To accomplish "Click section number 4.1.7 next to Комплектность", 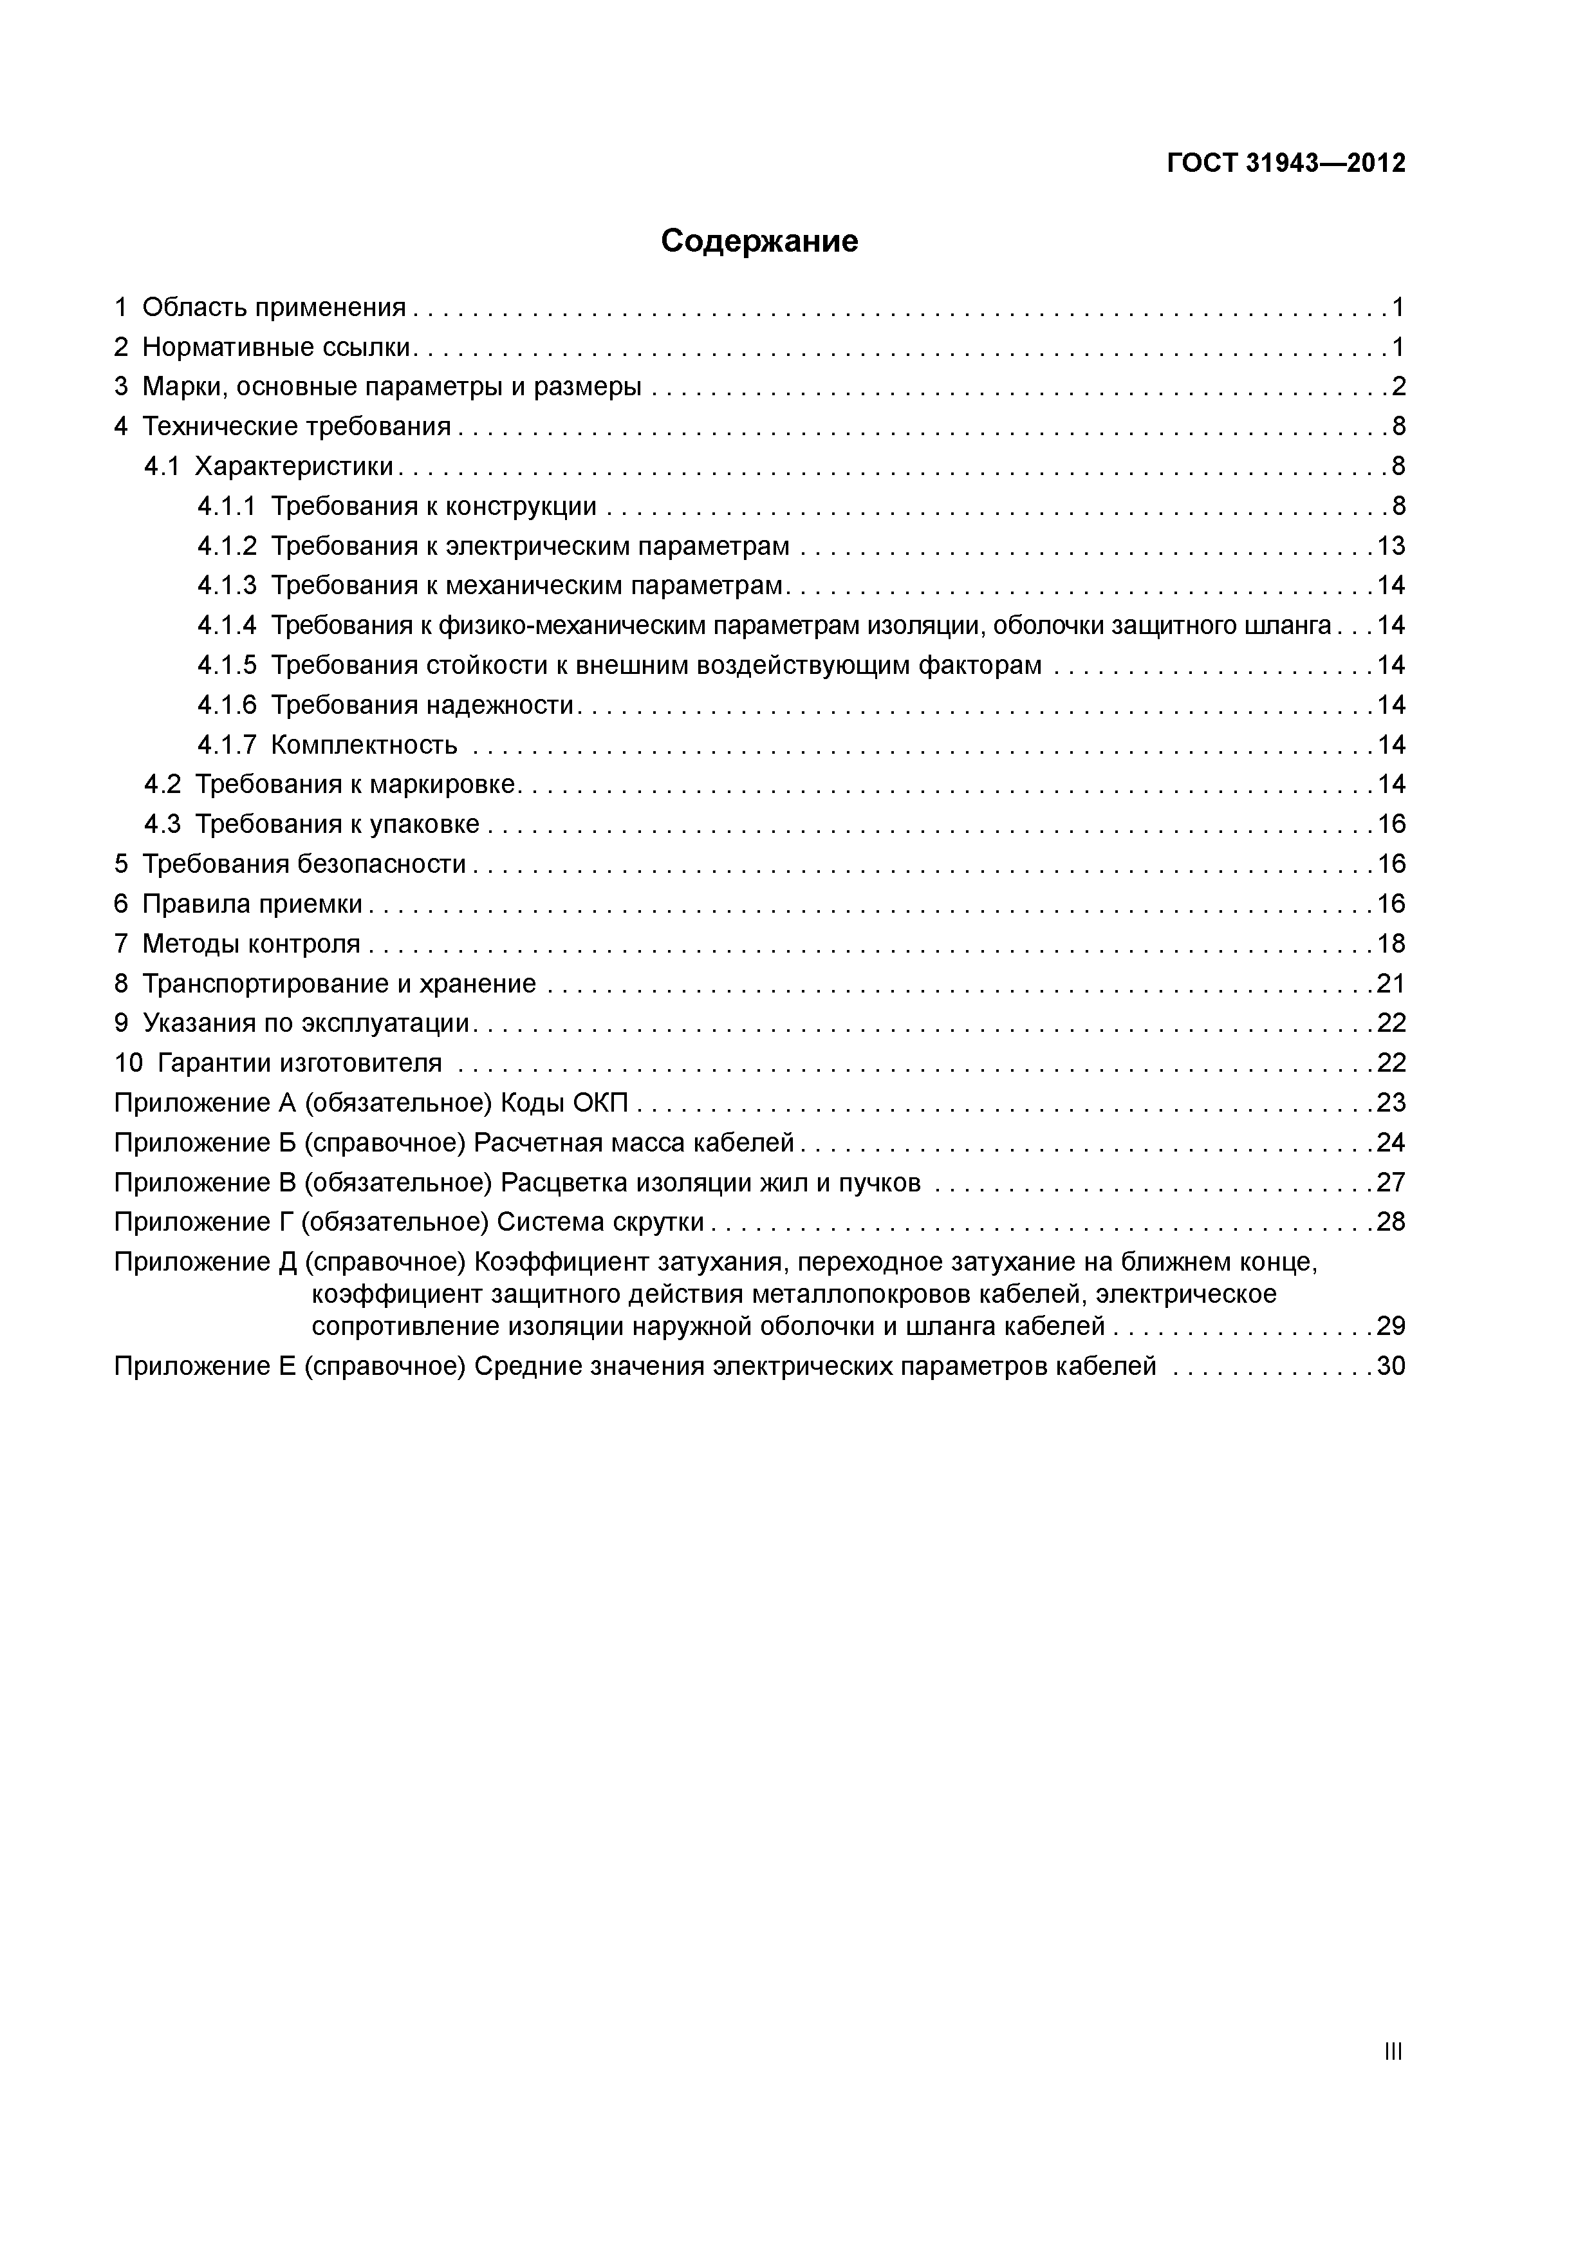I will [x=226, y=745].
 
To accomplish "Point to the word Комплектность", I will [x=364, y=745].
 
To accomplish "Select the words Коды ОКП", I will [x=564, y=1103].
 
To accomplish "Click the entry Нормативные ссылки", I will [x=276, y=347].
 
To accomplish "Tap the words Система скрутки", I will [x=600, y=1222].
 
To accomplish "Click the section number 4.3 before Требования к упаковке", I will [x=162, y=824].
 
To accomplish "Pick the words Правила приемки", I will [x=253, y=904].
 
